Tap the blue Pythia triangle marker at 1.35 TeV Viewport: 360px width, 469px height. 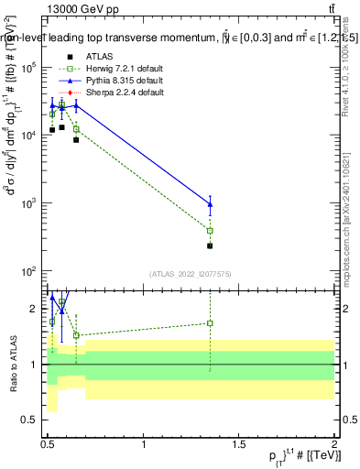pos(211,204)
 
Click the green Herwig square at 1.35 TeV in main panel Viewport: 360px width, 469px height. pos(211,231)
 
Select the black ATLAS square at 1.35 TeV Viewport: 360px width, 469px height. pos(211,245)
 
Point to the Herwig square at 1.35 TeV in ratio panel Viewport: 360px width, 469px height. pos(211,322)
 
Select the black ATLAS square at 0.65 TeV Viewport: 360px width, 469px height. pos(76,140)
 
